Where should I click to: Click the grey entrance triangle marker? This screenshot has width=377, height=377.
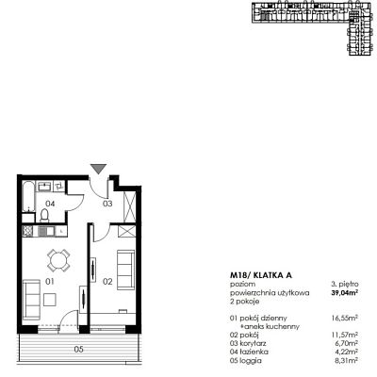pyautogui.click(x=99, y=169)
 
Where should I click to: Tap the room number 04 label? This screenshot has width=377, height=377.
pyautogui.click(x=50, y=204)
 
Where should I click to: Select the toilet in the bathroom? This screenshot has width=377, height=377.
pyautogui.click(x=45, y=216)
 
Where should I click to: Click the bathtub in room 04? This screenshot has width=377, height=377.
pyautogui.click(x=28, y=196)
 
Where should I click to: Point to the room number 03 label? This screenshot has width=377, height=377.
pyautogui.click(x=107, y=204)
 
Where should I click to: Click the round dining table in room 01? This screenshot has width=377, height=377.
pyautogui.click(x=58, y=260)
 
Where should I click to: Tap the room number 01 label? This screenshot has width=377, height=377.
pyautogui.click(x=50, y=282)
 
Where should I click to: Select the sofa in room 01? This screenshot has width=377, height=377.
pyautogui.click(x=31, y=300)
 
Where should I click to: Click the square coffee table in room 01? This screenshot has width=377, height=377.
pyautogui.click(x=50, y=300)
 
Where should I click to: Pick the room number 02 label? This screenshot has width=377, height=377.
pyautogui.click(x=107, y=282)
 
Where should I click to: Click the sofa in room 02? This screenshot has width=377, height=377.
pyautogui.click(x=125, y=270)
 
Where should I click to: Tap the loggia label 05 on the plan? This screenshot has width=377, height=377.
pyautogui.click(x=79, y=349)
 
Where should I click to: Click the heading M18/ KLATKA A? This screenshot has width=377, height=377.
pyautogui.click(x=261, y=275)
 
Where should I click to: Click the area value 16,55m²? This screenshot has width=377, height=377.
pyautogui.click(x=345, y=319)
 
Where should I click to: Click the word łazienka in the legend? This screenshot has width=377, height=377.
pyautogui.click(x=254, y=352)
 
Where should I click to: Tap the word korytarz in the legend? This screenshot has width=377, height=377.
pyautogui.click(x=253, y=344)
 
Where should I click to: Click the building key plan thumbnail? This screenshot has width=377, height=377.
pyautogui.click(x=314, y=28)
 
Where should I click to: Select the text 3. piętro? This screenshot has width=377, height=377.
pyautogui.click(x=345, y=285)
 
